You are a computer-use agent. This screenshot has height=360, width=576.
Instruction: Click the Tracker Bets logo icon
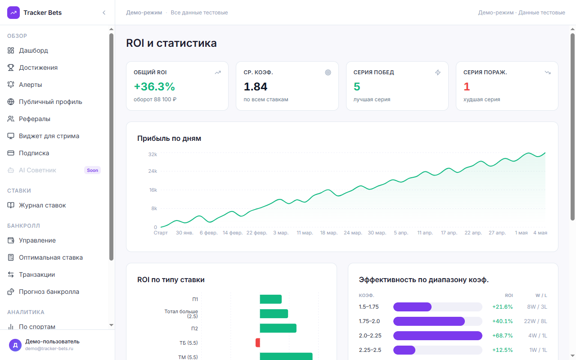(x=13, y=13)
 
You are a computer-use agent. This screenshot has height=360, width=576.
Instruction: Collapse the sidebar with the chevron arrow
(x=104, y=13)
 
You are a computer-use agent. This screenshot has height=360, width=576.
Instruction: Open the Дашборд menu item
(x=33, y=50)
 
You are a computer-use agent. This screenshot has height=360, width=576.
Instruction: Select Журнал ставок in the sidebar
(x=42, y=205)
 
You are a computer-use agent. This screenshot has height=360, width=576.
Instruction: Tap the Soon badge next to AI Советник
(x=92, y=170)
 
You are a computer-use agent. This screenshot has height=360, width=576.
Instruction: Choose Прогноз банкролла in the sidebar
(x=49, y=292)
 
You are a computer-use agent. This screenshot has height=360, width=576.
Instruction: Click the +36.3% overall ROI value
(x=154, y=87)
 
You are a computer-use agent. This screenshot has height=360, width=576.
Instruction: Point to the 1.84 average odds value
(x=256, y=87)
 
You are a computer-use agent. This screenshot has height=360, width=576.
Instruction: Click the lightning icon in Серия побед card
(x=438, y=72)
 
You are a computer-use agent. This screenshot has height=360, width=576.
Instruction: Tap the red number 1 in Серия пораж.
(x=467, y=87)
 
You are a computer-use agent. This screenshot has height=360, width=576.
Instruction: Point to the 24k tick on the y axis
(x=153, y=171)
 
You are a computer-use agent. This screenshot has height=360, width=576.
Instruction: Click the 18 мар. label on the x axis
(x=328, y=233)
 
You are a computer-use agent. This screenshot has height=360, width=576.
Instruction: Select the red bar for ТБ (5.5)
(x=258, y=343)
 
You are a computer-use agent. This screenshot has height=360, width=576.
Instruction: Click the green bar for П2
(x=278, y=328)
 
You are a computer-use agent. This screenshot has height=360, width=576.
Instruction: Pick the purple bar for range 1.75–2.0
(x=429, y=321)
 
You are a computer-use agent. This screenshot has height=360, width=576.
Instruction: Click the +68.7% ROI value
(x=503, y=336)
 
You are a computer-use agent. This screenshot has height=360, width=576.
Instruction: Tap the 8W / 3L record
(x=537, y=307)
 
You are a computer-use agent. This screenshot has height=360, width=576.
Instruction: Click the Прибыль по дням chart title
(x=169, y=138)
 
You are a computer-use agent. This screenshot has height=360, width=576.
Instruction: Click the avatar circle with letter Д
(x=15, y=345)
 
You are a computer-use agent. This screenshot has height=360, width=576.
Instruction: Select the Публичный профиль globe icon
(x=11, y=102)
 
